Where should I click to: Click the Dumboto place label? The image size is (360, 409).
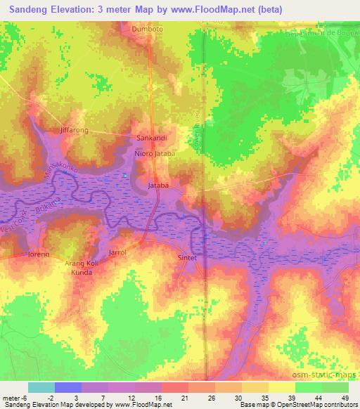click(147, 30)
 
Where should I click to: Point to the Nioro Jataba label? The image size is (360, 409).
click(154, 152)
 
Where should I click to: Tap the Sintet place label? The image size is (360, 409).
click(190, 259)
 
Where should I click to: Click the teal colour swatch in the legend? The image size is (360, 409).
click(41, 387)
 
